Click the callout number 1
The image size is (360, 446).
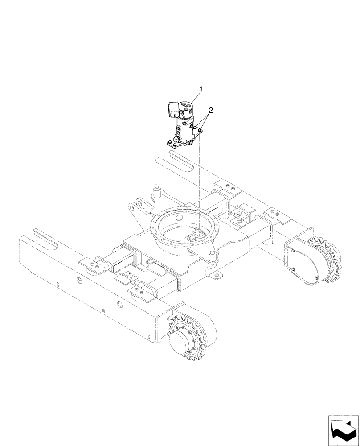click(x=201, y=90)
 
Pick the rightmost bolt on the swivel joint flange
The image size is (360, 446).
click(x=200, y=130)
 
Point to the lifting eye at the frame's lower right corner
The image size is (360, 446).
click(x=217, y=277)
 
